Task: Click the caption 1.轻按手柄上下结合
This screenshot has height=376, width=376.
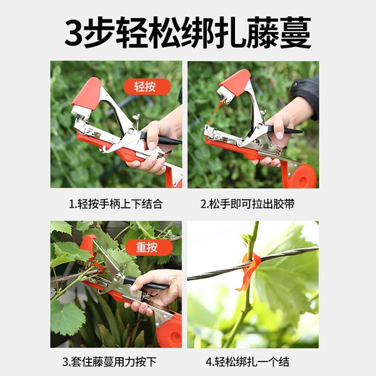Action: pyautogui.click(x=116, y=205)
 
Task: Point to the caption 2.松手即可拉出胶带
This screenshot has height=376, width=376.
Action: pyautogui.click(x=252, y=205)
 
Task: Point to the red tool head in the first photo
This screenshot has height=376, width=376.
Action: pyautogui.click(x=88, y=95)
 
